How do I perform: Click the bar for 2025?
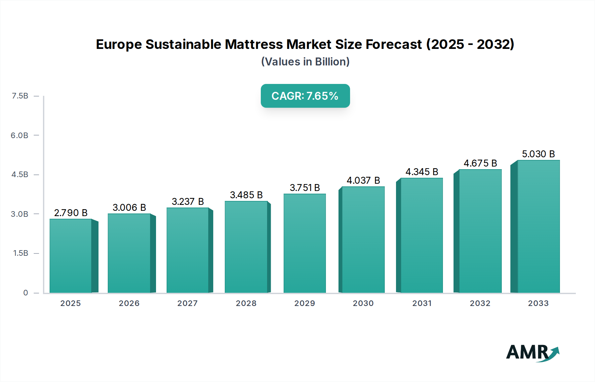[x=71, y=256]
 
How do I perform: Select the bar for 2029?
[x=304, y=244]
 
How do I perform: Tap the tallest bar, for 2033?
[x=538, y=227]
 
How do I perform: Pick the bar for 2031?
[x=421, y=236]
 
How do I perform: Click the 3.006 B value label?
[x=129, y=208]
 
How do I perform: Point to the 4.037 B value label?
[x=363, y=180]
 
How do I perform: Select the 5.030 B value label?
[x=538, y=154]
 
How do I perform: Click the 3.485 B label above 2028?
[x=246, y=195]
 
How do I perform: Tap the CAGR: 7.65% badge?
[x=305, y=96]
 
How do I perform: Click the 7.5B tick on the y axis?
[x=20, y=96]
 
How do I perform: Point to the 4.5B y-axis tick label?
[x=20, y=174]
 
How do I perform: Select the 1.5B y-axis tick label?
[x=20, y=253]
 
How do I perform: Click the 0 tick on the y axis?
[x=25, y=292]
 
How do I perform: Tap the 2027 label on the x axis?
[x=187, y=303]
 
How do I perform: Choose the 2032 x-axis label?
[x=480, y=303]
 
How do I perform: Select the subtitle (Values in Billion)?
[x=305, y=62]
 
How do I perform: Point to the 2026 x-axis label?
[x=129, y=303]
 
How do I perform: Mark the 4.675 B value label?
[x=480, y=163]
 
